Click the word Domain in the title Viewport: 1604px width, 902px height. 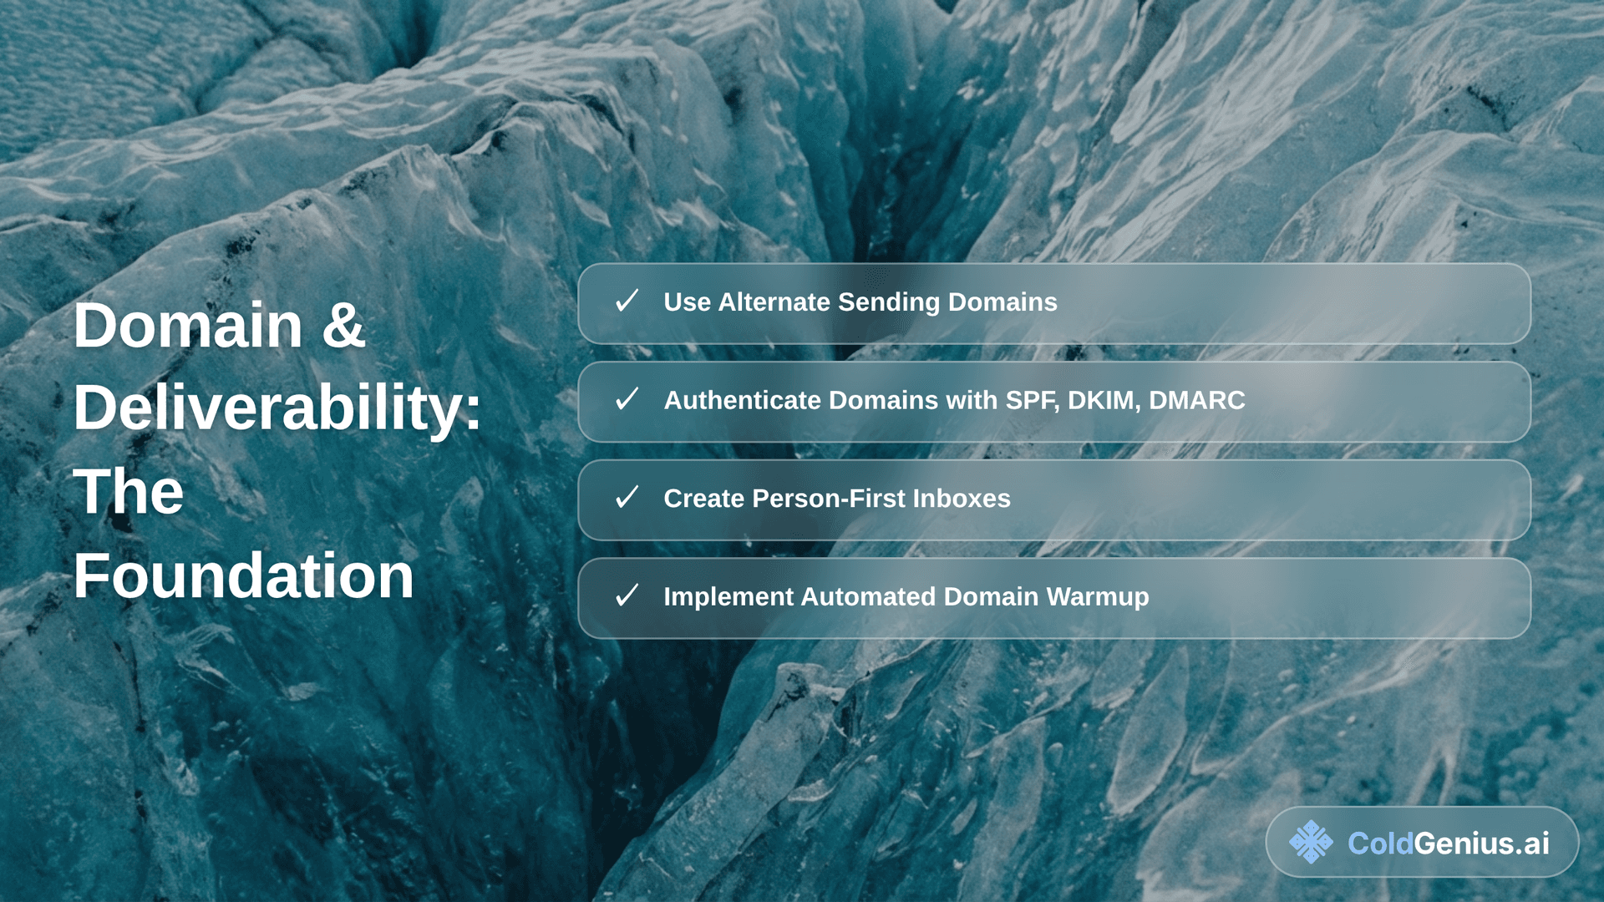point(188,325)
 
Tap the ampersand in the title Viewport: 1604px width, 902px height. point(343,325)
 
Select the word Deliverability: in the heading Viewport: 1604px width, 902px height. point(277,408)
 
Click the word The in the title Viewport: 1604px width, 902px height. point(129,491)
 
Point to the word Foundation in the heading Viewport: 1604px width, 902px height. point(243,575)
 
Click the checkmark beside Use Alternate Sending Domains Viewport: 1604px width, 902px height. point(627,301)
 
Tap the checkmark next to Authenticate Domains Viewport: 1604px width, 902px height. point(627,399)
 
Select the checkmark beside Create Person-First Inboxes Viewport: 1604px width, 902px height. point(627,498)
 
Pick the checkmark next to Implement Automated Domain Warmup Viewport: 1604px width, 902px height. point(627,595)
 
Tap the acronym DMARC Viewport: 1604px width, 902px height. point(1196,400)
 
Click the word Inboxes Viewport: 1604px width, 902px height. point(962,499)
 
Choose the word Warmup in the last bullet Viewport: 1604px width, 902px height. point(1098,597)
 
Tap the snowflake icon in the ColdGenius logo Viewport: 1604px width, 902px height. point(1311,842)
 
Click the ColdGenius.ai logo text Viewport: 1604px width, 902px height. point(1449,844)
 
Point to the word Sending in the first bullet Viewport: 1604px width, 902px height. point(889,302)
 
